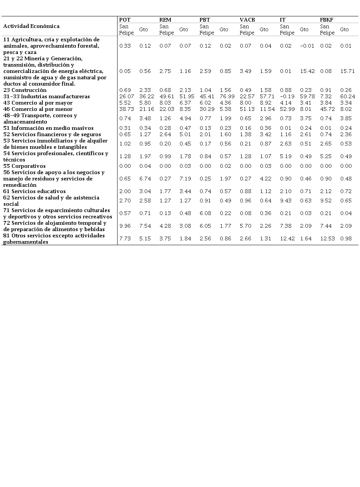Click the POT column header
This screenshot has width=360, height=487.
(x=125, y=20)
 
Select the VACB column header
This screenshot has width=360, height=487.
(x=247, y=20)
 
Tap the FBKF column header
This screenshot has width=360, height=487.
(x=327, y=20)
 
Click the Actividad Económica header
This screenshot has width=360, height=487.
(x=31, y=26)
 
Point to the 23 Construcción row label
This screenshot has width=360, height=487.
(x=25, y=90)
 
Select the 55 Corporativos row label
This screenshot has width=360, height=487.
(x=25, y=166)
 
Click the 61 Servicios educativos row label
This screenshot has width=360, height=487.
(x=35, y=191)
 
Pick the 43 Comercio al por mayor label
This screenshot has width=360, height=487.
(x=38, y=103)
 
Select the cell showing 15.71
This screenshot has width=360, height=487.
(x=347, y=71)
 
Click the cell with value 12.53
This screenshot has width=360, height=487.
(x=327, y=238)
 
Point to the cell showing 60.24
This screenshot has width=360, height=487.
(x=347, y=96)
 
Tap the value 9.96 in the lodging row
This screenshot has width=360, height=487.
(x=125, y=226)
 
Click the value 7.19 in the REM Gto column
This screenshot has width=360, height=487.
(x=185, y=179)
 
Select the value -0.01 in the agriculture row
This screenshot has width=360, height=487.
(x=307, y=46)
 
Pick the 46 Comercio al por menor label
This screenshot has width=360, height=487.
(x=38, y=109)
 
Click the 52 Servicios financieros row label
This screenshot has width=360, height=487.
(x=52, y=134)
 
